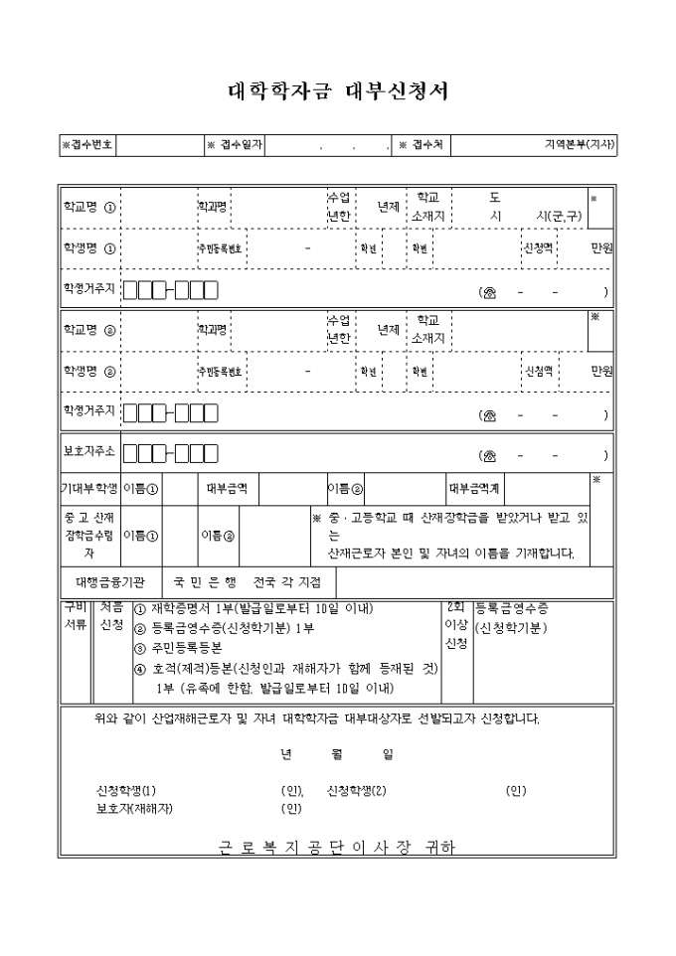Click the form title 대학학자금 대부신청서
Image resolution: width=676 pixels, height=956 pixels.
tap(338, 92)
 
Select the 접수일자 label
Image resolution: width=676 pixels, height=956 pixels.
tap(235, 145)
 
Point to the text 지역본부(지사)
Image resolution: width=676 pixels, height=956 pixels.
tap(580, 145)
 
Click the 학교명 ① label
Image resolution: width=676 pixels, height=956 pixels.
tap(89, 208)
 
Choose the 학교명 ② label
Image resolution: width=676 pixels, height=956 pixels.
tap(89, 330)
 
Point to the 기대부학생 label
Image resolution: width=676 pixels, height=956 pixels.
tap(89, 488)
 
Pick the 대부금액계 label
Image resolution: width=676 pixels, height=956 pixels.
tap(474, 488)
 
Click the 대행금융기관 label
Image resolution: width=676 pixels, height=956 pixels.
tap(110, 580)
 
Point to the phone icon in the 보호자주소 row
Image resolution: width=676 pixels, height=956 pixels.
tap(488, 456)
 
